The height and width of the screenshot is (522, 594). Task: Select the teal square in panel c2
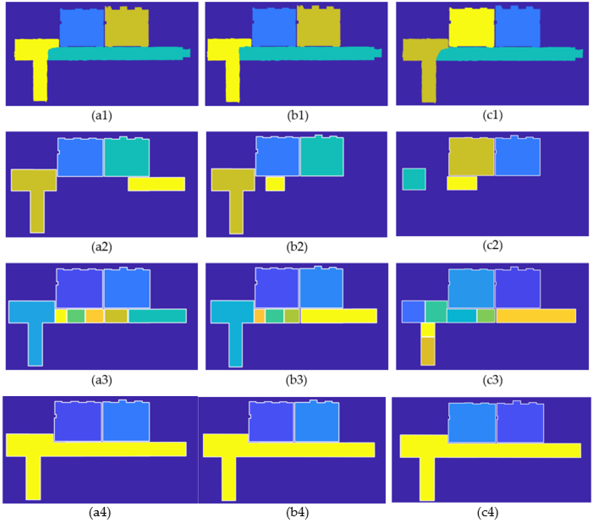point(414,179)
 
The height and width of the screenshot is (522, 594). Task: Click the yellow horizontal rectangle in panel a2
point(156,184)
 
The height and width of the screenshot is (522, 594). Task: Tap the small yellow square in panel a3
point(61,316)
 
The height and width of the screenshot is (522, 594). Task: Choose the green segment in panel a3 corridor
point(76,316)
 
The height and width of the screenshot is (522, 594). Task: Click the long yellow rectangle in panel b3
point(339,316)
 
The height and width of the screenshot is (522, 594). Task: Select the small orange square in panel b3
point(259,316)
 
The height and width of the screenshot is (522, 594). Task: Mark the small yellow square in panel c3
point(428,330)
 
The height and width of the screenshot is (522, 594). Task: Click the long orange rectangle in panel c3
point(536,316)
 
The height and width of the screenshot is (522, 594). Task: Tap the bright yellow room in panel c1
point(471,28)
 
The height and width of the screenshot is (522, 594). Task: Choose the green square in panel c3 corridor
point(486,316)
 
